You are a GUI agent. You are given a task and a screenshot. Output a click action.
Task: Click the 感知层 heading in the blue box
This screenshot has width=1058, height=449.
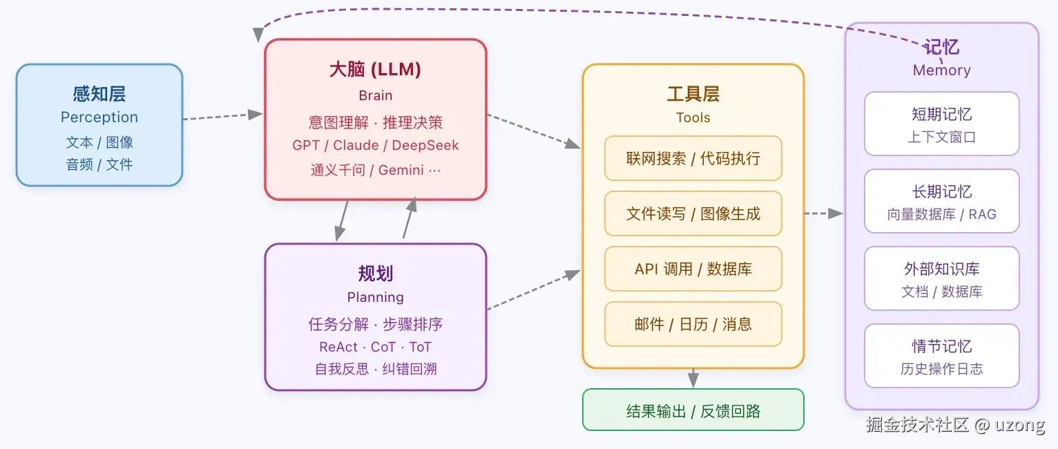click(99, 94)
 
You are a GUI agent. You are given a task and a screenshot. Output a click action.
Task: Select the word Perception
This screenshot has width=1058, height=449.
click(99, 117)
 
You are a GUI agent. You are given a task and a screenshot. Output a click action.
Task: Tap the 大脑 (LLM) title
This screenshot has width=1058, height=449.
click(375, 69)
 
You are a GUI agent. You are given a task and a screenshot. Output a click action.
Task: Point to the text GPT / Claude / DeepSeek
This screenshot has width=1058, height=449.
click(375, 146)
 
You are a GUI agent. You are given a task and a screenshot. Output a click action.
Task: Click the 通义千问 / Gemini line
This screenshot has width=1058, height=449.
click(375, 170)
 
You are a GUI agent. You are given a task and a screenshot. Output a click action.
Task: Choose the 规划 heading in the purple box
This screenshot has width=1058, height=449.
click(375, 274)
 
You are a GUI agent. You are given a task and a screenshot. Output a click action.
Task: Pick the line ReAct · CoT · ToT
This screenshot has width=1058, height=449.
click(375, 347)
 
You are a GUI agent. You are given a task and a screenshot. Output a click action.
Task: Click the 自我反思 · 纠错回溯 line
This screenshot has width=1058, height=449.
click(375, 369)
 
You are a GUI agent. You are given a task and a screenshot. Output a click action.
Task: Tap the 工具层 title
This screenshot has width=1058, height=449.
click(693, 94)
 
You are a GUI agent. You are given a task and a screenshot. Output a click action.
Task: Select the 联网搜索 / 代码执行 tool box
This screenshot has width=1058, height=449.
click(693, 158)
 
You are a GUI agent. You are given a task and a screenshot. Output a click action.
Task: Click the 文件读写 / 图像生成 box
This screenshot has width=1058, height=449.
click(693, 213)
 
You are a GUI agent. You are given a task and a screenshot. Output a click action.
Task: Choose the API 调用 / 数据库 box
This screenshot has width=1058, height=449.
click(693, 269)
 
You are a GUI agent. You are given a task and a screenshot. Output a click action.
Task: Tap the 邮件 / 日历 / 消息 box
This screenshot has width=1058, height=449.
click(693, 324)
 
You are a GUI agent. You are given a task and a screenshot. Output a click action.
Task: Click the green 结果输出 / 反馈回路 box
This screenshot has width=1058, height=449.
click(693, 410)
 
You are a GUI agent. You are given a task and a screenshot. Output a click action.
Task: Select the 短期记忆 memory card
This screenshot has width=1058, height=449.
click(941, 124)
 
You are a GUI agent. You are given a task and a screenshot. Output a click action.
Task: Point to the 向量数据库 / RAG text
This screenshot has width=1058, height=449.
click(941, 215)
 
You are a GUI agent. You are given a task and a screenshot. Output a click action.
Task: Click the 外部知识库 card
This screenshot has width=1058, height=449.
click(941, 278)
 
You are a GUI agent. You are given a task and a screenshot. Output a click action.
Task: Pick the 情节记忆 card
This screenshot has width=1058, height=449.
click(941, 356)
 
